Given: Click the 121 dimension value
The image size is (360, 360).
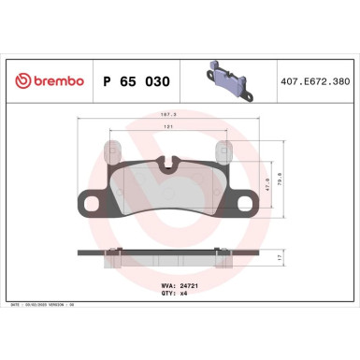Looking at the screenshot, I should tap(168, 130).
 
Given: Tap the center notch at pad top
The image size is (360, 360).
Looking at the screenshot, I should tap(168, 167).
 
